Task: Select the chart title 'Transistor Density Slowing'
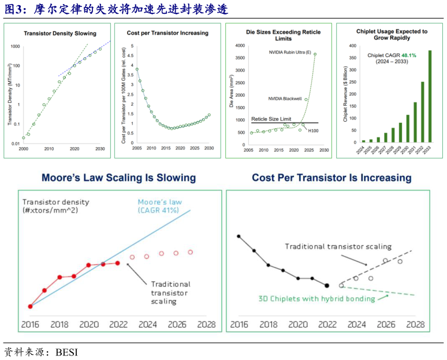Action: click(x=60, y=33)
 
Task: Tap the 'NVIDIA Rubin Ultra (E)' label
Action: click(x=290, y=53)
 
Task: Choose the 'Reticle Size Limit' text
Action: click(x=270, y=119)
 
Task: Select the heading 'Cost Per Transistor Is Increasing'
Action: click(x=331, y=178)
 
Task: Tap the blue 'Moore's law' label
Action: click(x=158, y=202)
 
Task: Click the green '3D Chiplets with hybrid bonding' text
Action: click(x=316, y=299)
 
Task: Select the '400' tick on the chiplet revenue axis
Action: click(x=352, y=45)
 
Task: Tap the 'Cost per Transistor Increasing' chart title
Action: click(x=167, y=33)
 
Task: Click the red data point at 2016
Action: click(x=30, y=306)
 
